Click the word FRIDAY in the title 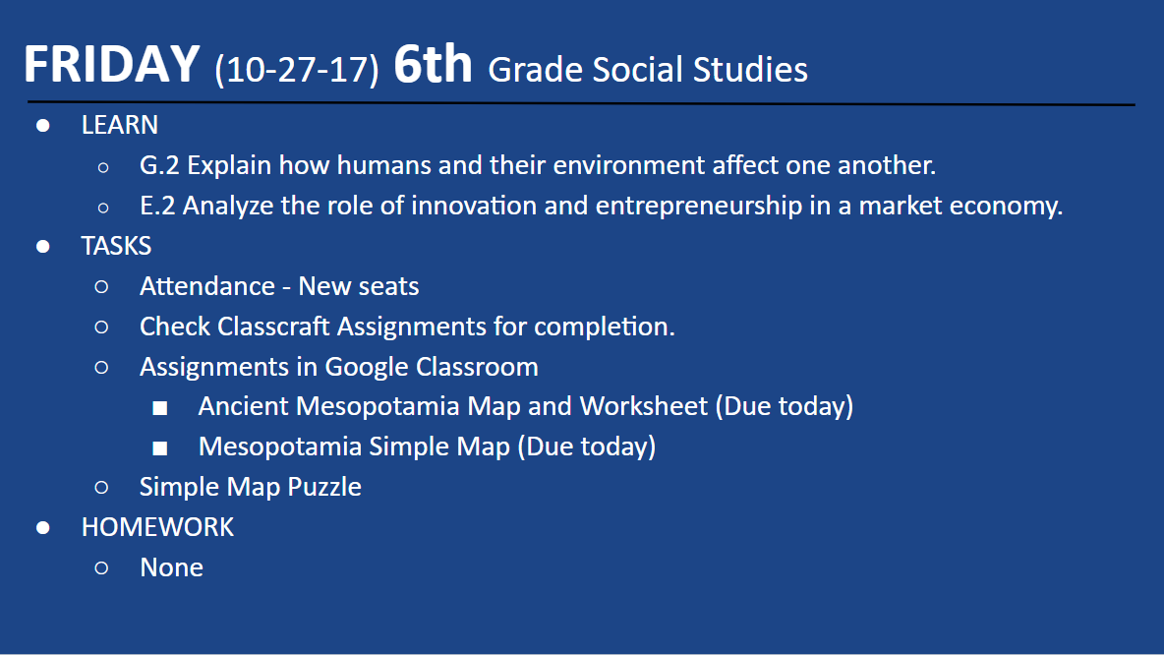coord(111,64)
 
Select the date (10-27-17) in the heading coord(297,70)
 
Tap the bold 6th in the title coord(433,63)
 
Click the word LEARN coord(120,125)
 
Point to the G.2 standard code coord(159,165)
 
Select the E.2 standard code coord(157,206)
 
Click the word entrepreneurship coord(699,207)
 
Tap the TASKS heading coord(117,246)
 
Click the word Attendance coord(207,286)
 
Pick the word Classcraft coord(273,327)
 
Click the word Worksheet coord(644,406)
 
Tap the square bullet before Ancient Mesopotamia coord(159,408)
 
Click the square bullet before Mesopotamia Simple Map coord(159,447)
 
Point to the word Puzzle coord(324,487)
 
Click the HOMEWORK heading coord(157,527)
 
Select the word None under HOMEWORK coord(171,567)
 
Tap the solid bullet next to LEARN coord(43,126)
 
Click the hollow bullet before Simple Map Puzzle coord(101,488)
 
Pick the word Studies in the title coord(750,70)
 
